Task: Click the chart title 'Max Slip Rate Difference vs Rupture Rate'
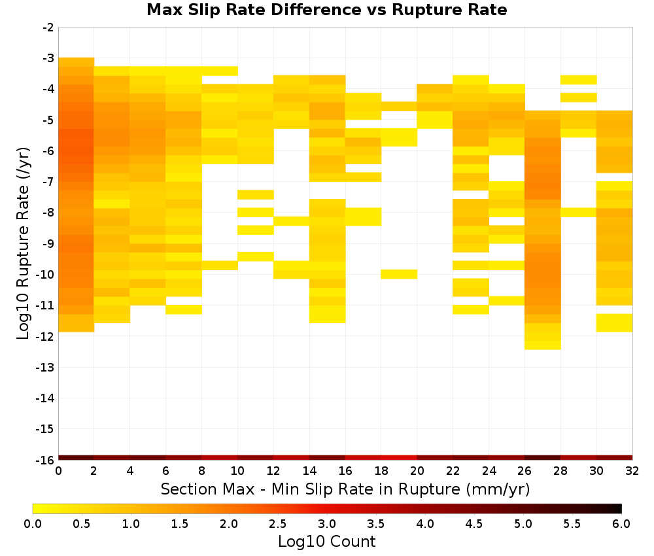(326, 10)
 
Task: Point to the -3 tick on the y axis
(49, 58)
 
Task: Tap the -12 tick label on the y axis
(46, 336)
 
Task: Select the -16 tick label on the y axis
(46, 460)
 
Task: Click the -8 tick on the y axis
(49, 213)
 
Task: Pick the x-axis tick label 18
(381, 471)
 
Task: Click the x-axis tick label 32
(632, 471)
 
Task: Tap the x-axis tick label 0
(58, 471)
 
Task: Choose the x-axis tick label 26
(525, 471)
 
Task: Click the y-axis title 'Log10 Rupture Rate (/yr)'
(23, 243)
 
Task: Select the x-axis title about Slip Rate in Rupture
(345, 489)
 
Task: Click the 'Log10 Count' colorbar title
(326, 542)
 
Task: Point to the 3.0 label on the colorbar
(327, 523)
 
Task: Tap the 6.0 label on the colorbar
(621, 523)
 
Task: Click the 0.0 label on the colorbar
(33, 523)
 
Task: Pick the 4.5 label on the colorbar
(474, 523)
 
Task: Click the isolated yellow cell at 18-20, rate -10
(399, 274)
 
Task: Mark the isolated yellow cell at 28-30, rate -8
(579, 213)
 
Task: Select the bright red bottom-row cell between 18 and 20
(399, 458)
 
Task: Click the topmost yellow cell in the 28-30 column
(579, 80)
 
